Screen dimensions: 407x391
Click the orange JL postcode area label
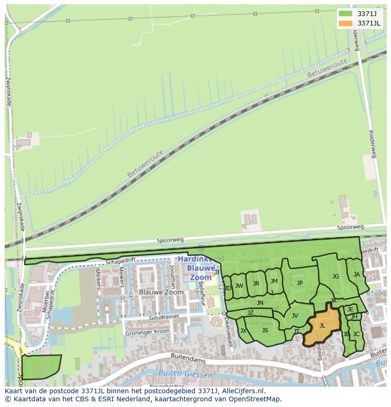click(x=322, y=325)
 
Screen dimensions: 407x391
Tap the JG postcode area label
click(x=335, y=277)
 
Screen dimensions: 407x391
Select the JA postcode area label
click(x=357, y=275)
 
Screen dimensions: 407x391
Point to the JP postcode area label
click(x=299, y=283)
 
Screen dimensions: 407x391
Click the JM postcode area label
click(x=274, y=281)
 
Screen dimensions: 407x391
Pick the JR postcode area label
click(x=256, y=284)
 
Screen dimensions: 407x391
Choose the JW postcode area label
click(x=239, y=286)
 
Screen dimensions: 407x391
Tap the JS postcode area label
click(x=265, y=330)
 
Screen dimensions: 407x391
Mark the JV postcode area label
click(x=295, y=316)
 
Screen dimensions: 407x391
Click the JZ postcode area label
click(x=250, y=313)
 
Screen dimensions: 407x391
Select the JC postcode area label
click(x=356, y=334)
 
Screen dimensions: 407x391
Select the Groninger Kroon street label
click(x=147, y=332)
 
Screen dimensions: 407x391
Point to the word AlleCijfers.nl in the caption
click(x=238, y=391)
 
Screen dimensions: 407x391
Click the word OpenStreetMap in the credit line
click(x=256, y=398)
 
